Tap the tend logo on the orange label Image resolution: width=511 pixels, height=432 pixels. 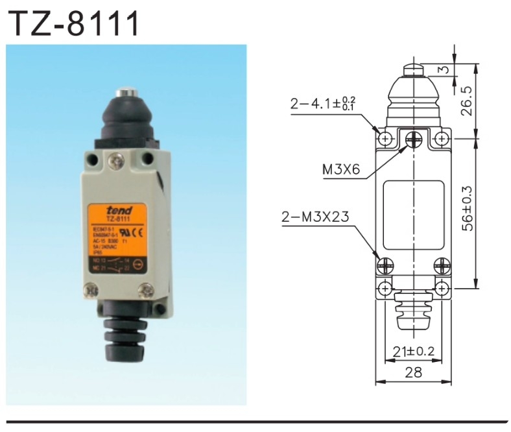[120, 210]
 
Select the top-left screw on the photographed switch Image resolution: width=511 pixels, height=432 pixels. [92, 158]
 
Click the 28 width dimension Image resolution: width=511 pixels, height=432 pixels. [414, 373]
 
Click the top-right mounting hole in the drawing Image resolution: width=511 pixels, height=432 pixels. [442, 138]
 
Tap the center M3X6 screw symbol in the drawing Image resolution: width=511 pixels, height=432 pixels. [414, 138]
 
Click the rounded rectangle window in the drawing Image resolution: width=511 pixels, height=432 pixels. [414, 215]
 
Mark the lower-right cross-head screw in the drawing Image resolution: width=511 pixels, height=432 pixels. [442, 265]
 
